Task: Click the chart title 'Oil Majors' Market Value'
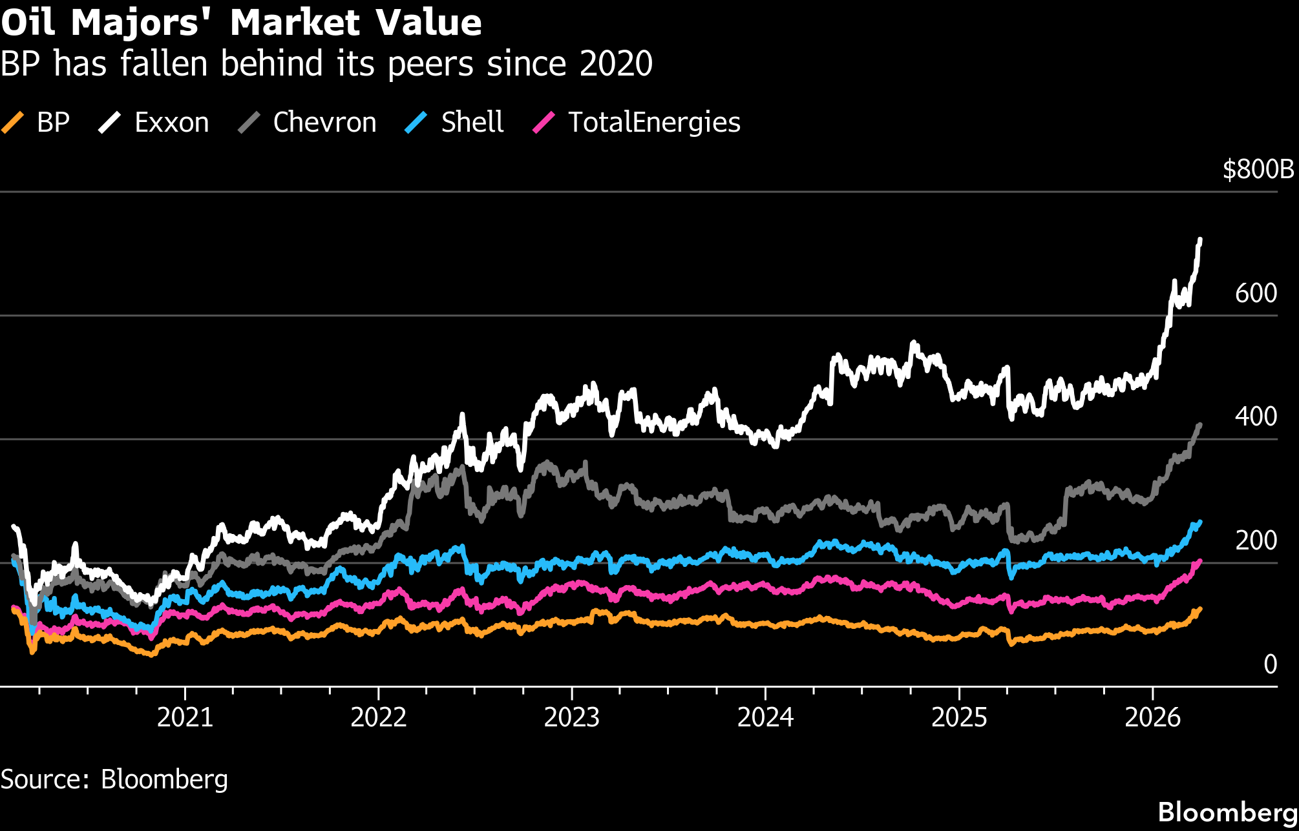coord(241,23)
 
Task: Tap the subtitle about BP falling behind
coord(326,64)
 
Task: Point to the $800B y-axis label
coord(1258,169)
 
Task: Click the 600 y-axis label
coord(1256,293)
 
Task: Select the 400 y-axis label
coord(1256,416)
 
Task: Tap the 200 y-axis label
coord(1256,540)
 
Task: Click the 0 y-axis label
coord(1270,664)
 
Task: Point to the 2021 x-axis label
coord(185,717)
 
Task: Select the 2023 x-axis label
coord(571,717)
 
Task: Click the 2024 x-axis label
coord(765,717)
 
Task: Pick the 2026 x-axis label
coord(1152,717)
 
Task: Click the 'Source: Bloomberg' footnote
coord(114,779)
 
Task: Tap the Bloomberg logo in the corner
coord(1227,812)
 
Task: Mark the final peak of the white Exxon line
coord(1200,240)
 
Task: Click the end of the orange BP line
coord(1200,608)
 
